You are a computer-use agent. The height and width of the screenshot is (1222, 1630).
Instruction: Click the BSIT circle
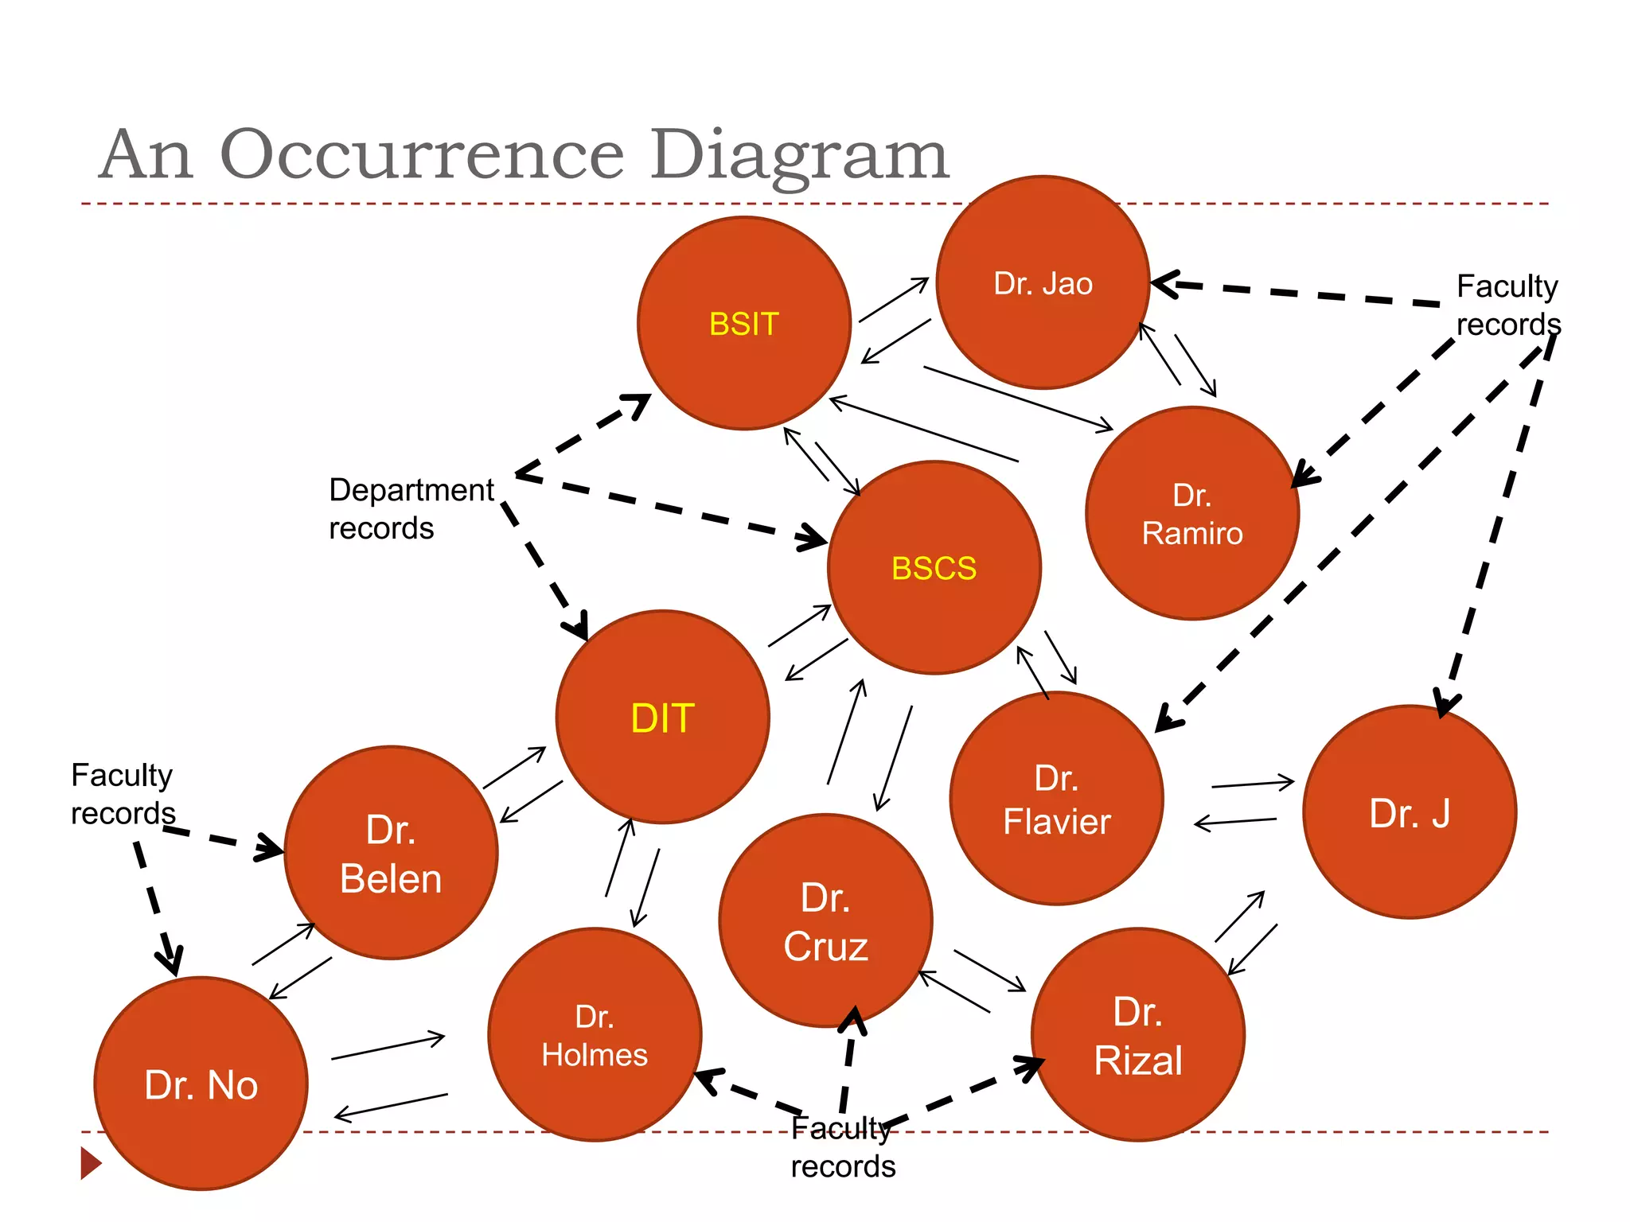pos(744,324)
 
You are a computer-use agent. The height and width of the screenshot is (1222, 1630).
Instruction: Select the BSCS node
pos(934,568)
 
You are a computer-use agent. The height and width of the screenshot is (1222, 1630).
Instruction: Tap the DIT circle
pos(662,717)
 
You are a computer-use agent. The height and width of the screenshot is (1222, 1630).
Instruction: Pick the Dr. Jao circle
pos(1043,282)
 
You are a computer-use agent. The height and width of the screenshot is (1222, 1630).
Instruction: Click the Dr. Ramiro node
pos(1191,513)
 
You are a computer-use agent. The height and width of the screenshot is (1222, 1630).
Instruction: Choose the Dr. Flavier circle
pos(1056,799)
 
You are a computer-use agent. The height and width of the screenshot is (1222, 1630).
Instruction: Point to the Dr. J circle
pos(1409,812)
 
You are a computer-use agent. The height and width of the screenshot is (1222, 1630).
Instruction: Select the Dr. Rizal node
pos(1137,1034)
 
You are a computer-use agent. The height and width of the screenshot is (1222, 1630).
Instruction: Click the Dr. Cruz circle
pos(825,920)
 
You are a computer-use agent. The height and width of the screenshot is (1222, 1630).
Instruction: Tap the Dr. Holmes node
pos(595,1034)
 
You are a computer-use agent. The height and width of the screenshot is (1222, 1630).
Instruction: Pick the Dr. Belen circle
pos(391,853)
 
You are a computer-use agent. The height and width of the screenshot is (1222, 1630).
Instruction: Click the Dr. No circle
pos(201,1084)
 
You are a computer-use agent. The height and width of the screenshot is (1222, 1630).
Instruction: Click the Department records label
pos(411,509)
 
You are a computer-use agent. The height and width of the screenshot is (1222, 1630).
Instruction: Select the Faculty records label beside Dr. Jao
pos(1507,305)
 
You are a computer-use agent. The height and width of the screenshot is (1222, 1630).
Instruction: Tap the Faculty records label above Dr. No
pos(123,794)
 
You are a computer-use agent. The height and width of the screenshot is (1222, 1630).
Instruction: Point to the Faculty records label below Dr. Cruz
pos(843,1147)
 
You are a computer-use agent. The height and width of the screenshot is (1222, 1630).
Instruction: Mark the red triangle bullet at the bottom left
pos(91,1162)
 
